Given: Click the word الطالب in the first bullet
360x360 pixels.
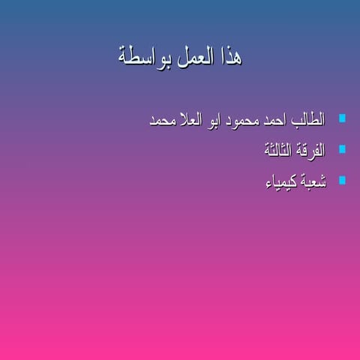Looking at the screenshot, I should [308, 121].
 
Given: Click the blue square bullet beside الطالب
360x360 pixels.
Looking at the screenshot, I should [342, 118].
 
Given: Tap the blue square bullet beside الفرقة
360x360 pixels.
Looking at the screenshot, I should [342, 149].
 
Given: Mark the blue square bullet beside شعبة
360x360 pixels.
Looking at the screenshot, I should [342, 180].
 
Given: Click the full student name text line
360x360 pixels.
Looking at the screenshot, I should [237, 121].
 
